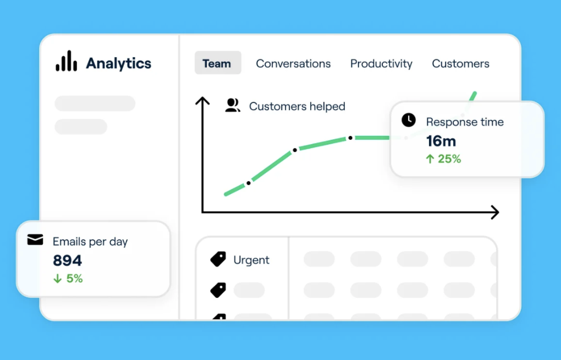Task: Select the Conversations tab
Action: (293, 63)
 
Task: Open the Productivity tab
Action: (381, 64)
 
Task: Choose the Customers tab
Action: (460, 63)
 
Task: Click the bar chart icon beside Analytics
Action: (66, 61)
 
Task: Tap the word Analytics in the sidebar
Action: (118, 63)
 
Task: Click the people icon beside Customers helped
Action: (233, 105)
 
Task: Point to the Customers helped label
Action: (297, 106)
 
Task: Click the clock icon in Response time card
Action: (409, 120)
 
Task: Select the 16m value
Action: (441, 141)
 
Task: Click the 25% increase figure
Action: (443, 159)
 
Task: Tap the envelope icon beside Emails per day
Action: (35, 239)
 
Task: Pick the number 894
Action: (67, 260)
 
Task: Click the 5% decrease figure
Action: (68, 279)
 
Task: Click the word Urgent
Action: (251, 260)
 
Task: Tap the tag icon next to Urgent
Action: (218, 259)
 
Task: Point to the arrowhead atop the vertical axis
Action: (202, 100)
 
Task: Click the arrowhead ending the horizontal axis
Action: (496, 212)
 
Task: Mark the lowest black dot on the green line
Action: (249, 183)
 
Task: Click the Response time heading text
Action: (465, 122)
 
